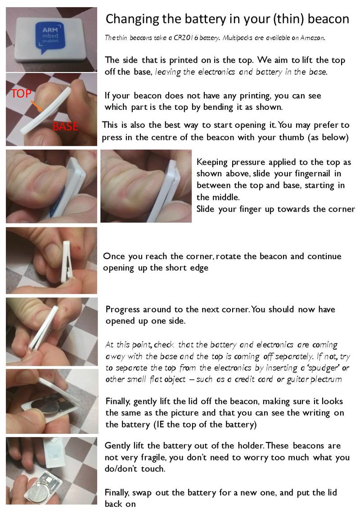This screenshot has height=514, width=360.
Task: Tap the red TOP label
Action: (x=21, y=94)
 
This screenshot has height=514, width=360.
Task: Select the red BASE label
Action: (x=66, y=126)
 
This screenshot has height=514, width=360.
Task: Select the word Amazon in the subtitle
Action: (x=312, y=38)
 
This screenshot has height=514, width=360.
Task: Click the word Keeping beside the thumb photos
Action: (x=212, y=162)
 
